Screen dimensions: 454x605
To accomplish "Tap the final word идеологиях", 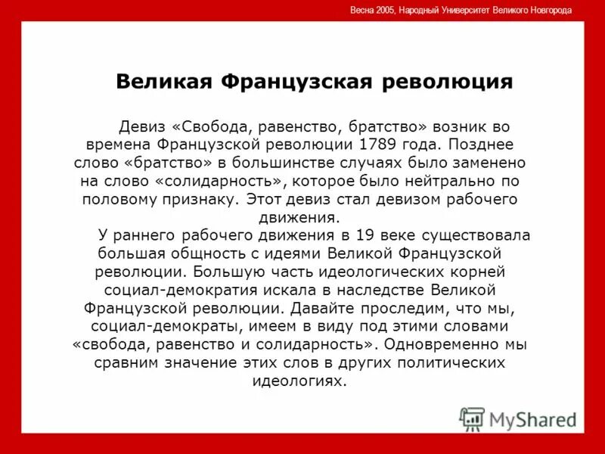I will (299, 381).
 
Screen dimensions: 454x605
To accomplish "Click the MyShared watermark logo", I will (519, 418).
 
